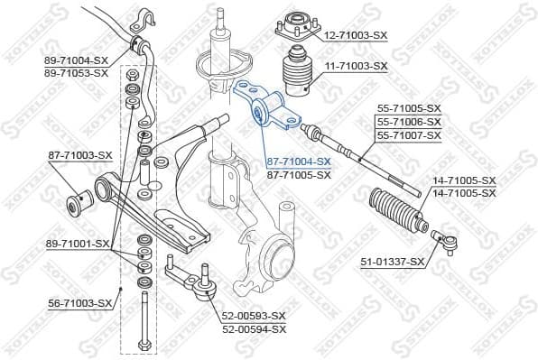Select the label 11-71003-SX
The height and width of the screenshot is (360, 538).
(x=356, y=67)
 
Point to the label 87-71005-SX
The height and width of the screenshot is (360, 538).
(x=299, y=174)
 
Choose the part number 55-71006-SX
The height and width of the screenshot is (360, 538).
(x=410, y=121)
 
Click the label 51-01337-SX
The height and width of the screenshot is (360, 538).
(x=393, y=262)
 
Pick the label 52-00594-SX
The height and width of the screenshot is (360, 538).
(x=254, y=329)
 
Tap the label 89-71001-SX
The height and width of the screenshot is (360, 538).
(x=78, y=244)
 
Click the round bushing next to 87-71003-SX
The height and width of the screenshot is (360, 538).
(x=78, y=198)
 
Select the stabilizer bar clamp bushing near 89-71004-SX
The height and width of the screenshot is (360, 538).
(x=141, y=43)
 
